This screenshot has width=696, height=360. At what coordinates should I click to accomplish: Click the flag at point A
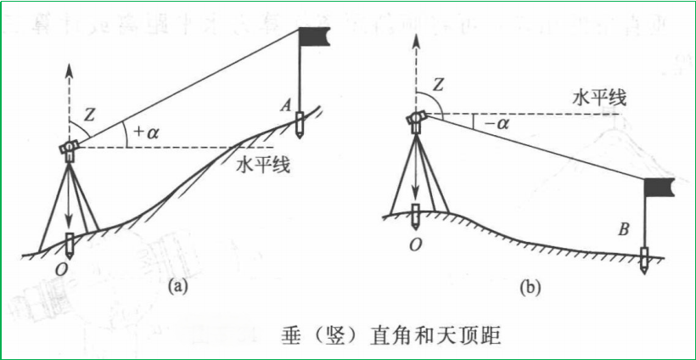(317, 36)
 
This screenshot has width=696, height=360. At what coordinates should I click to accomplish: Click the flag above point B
(660, 187)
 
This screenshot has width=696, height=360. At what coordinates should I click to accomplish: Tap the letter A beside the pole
(287, 104)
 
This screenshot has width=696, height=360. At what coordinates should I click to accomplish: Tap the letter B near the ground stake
(624, 228)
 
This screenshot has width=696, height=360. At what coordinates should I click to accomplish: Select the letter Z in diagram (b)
(438, 84)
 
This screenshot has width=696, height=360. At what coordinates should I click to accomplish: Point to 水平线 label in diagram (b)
(599, 98)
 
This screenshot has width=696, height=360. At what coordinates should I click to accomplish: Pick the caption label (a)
(176, 286)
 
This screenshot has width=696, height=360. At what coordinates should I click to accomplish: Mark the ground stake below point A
(300, 128)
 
